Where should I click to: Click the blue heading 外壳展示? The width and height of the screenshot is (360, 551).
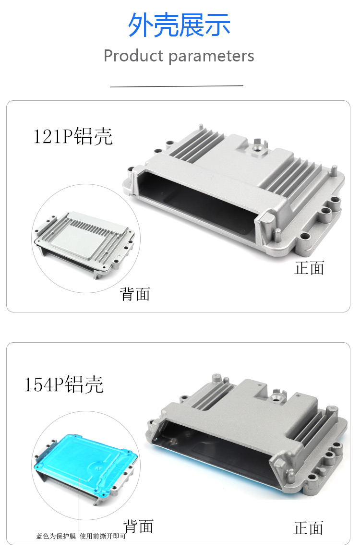[179, 25]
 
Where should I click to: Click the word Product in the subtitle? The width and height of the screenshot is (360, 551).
[133, 56]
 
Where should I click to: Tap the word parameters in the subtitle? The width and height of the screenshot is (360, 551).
[211, 56]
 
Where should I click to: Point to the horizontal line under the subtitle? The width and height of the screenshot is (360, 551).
[177, 86]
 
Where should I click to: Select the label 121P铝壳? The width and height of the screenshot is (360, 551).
[72, 137]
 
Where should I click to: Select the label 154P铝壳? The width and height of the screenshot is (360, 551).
[64, 385]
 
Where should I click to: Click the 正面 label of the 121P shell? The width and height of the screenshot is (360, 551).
[309, 268]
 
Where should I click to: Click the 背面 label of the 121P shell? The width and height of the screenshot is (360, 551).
[135, 294]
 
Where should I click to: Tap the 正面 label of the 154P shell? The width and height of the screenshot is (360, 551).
[308, 528]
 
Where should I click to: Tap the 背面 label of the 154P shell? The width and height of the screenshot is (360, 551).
[138, 526]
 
